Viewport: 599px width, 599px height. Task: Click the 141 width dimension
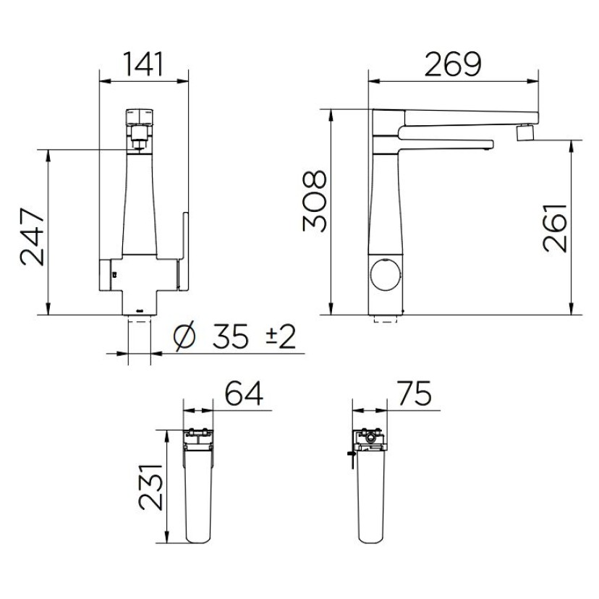(x=144, y=64)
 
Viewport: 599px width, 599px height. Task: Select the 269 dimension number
(x=453, y=64)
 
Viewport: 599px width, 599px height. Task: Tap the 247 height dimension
(x=32, y=237)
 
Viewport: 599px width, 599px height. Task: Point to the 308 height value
(x=315, y=201)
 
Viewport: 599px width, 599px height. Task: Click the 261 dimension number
(x=554, y=228)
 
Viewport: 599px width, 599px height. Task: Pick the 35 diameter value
(x=230, y=336)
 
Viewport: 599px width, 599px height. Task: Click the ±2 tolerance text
(x=281, y=336)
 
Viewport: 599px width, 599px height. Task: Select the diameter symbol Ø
(x=184, y=336)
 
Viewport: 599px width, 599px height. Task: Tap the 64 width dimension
(x=244, y=393)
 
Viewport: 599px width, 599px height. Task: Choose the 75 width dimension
(x=415, y=393)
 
